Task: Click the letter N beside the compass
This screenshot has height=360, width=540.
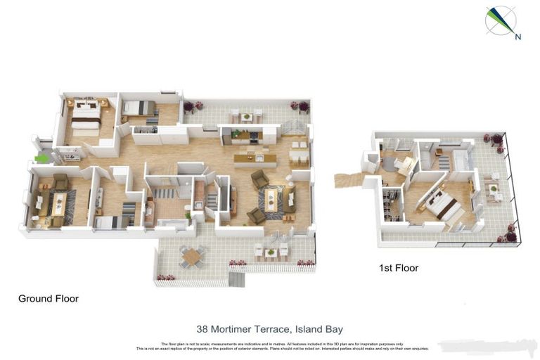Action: click(x=517, y=37)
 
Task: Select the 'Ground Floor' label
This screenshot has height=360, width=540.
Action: click(x=48, y=299)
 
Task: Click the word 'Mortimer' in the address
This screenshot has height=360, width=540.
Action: click(x=242, y=328)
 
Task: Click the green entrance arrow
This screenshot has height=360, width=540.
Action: click(x=42, y=159)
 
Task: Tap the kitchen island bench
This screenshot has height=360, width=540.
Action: click(x=255, y=160)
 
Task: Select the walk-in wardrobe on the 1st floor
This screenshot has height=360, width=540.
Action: click(x=391, y=205)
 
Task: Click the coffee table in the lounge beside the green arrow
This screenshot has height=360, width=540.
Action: click(x=58, y=205)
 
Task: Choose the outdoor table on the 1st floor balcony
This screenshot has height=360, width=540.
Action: click(x=492, y=188)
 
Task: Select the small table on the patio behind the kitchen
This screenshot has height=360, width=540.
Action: click(x=245, y=116)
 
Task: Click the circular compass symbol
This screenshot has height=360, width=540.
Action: click(x=501, y=20)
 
